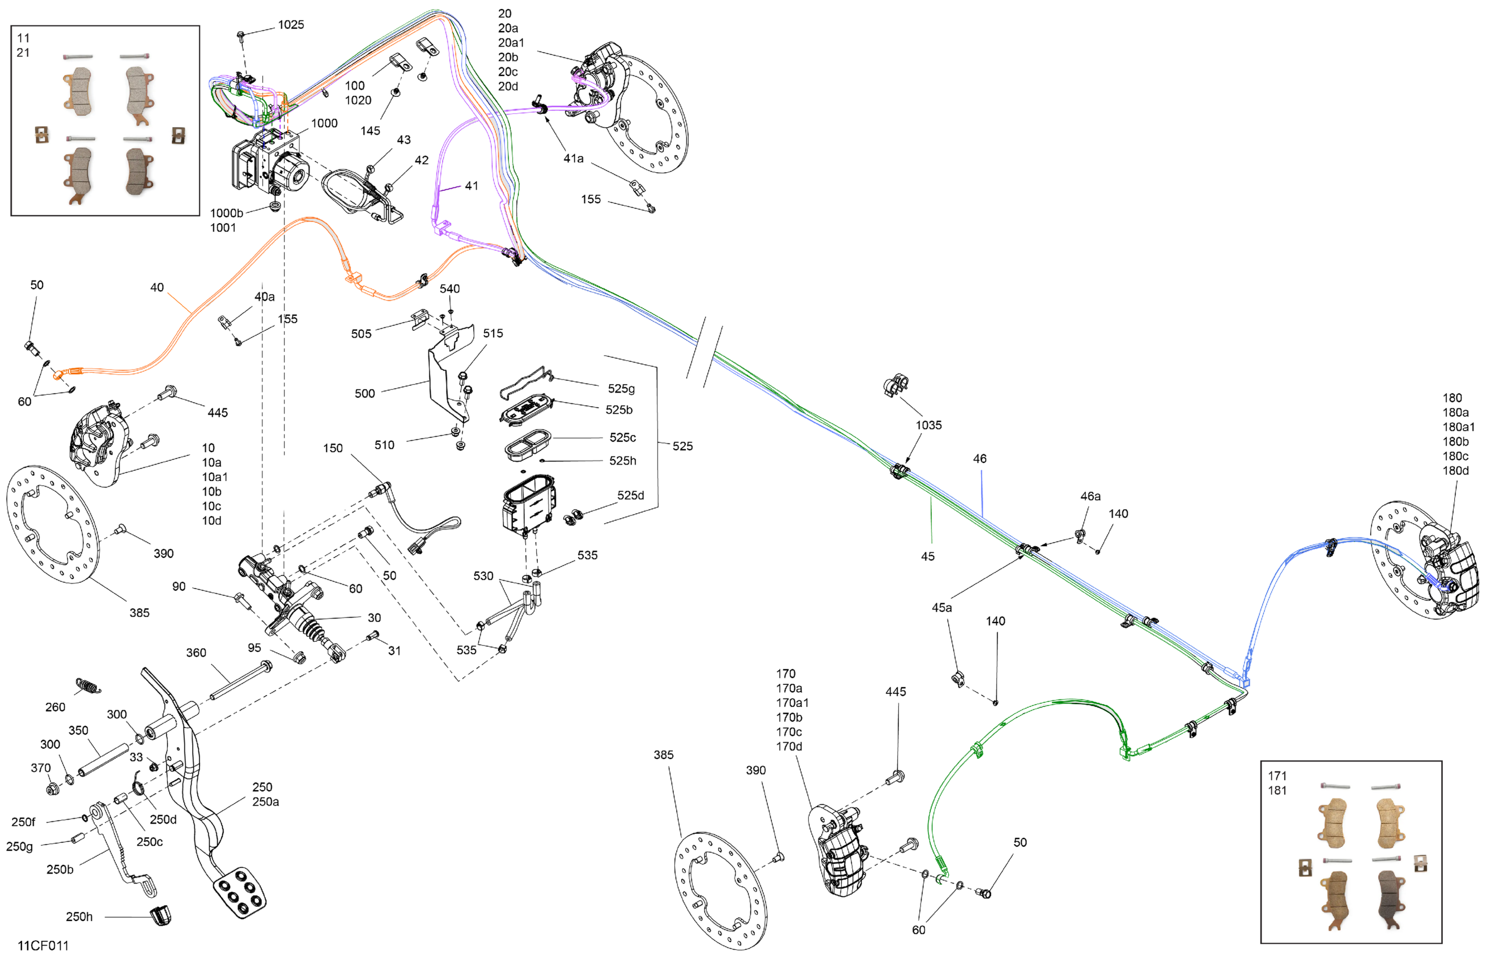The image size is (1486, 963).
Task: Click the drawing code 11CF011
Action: [x=43, y=945]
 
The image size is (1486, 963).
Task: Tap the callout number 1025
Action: [x=291, y=25]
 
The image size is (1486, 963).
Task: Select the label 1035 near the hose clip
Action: [x=928, y=425]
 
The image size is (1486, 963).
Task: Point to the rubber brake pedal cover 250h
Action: [x=161, y=915]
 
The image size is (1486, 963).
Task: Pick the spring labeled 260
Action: [x=88, y=686]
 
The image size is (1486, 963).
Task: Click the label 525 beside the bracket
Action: [x=682, y=446]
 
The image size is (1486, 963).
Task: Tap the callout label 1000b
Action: [x=226, y=214]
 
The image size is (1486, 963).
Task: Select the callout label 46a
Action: [x=1090, y=496]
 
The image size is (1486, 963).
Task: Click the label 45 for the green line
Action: [x=928, y=556]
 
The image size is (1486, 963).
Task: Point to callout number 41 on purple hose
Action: [x=472, y=186]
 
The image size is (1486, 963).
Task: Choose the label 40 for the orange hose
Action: [x=157, y=288]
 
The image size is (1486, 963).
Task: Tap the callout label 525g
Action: [x=621, y=389]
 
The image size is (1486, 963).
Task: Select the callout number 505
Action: [x=361, y=334]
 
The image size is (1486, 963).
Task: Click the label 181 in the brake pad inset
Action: [x=1277, y=790]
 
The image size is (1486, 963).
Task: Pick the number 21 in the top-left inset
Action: [x=23, y=53]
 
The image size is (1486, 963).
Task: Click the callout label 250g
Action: [x=19, y=846]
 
